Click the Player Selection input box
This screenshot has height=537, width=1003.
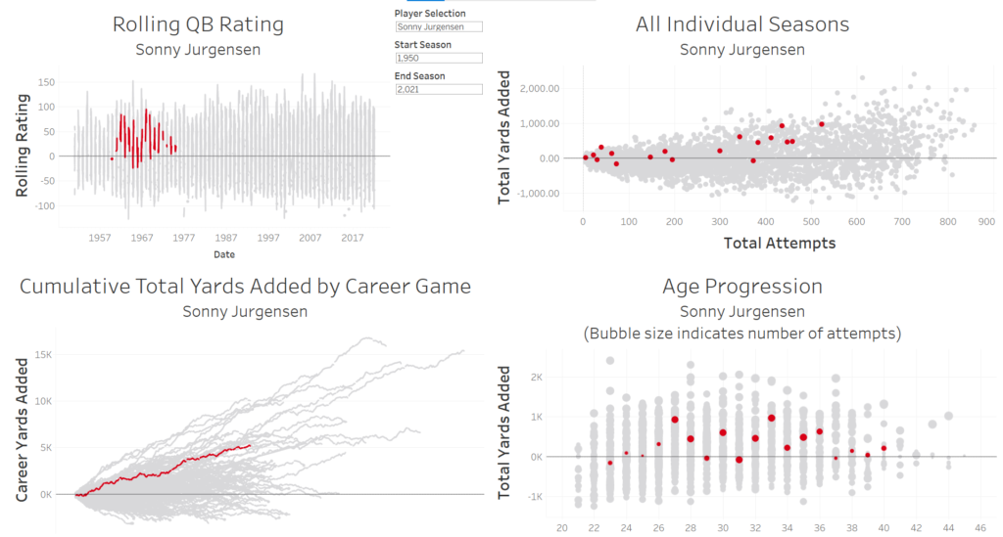pyautogui.click(x=438, y=26)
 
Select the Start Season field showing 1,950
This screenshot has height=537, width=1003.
pyautogui.click(x=438, y=58)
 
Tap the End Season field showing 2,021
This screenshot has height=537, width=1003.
pyautogui.click(x=438, y=89)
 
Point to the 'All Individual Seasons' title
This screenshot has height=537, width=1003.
pyautogui.click(x=741, y=24)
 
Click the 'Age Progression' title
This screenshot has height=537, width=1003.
pyautogui.click(x=741, y=287)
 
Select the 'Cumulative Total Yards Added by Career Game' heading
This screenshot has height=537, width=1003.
pyautogui.click(x=245, y=287)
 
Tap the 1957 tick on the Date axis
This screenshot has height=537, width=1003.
pyautogui.click(x=99, y=238)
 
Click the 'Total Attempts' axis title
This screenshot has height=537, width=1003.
pyautogui.click(x=780, y=243)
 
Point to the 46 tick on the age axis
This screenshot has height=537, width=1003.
pyautogui.click(x=980, y=528)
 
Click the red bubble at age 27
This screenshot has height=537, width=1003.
pyautogui.click(x=675, y=420)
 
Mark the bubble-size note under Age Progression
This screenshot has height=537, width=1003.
pyautogui.click(x=741, y=334)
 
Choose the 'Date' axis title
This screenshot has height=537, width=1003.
pyautogui.click(x=224, y=254)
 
